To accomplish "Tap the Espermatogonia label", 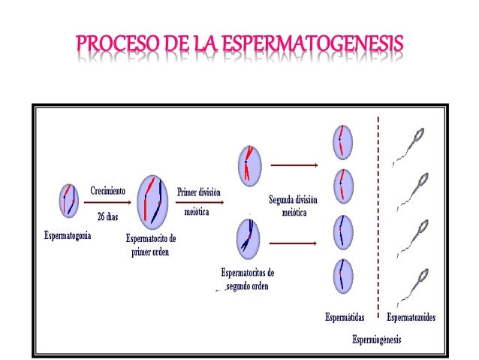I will point(68,235).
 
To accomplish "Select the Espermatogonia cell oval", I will point(69,201).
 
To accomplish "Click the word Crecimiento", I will point(107,191).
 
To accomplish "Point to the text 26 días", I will point(107,216).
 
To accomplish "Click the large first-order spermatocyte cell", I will point(154,201).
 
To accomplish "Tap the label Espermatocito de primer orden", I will point(151,246).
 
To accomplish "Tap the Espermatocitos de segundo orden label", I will point(247,279).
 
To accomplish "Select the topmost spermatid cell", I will point(342,141).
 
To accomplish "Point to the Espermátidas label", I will point(345,317).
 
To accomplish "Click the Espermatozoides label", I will point(411,317).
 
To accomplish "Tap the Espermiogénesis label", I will point(377,340).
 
